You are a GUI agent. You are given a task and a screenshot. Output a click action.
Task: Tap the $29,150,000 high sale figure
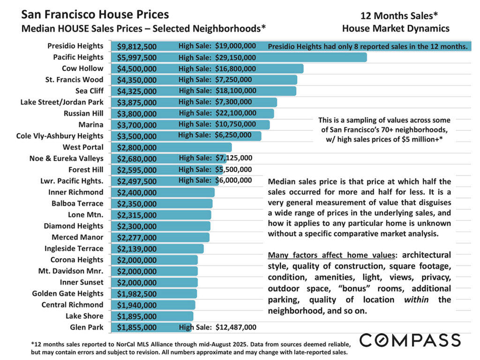click(x=235, y=58)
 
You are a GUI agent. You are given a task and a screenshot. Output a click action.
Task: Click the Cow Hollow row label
click(x=82, y=68)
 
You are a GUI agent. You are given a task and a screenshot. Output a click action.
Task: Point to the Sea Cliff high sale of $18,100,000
click(x=236, y=91)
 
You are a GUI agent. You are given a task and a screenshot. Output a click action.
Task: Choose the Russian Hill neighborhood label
click(x=83, y=113)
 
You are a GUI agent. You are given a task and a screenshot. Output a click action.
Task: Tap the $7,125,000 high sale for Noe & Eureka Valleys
click(x=233, y=158)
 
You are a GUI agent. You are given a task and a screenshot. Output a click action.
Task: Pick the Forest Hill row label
click(x=85, y=170)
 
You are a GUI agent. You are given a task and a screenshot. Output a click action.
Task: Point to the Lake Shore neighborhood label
click(x=84, y=316)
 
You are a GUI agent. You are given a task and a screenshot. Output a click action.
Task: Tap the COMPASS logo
click(x=410, y=340)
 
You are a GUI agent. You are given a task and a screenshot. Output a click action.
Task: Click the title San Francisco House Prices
click(x=95, y=15)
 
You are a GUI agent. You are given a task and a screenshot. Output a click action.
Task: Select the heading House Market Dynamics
click(x=396, y=29)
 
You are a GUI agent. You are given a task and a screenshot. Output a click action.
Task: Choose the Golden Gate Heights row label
click(x=67, y=293)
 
